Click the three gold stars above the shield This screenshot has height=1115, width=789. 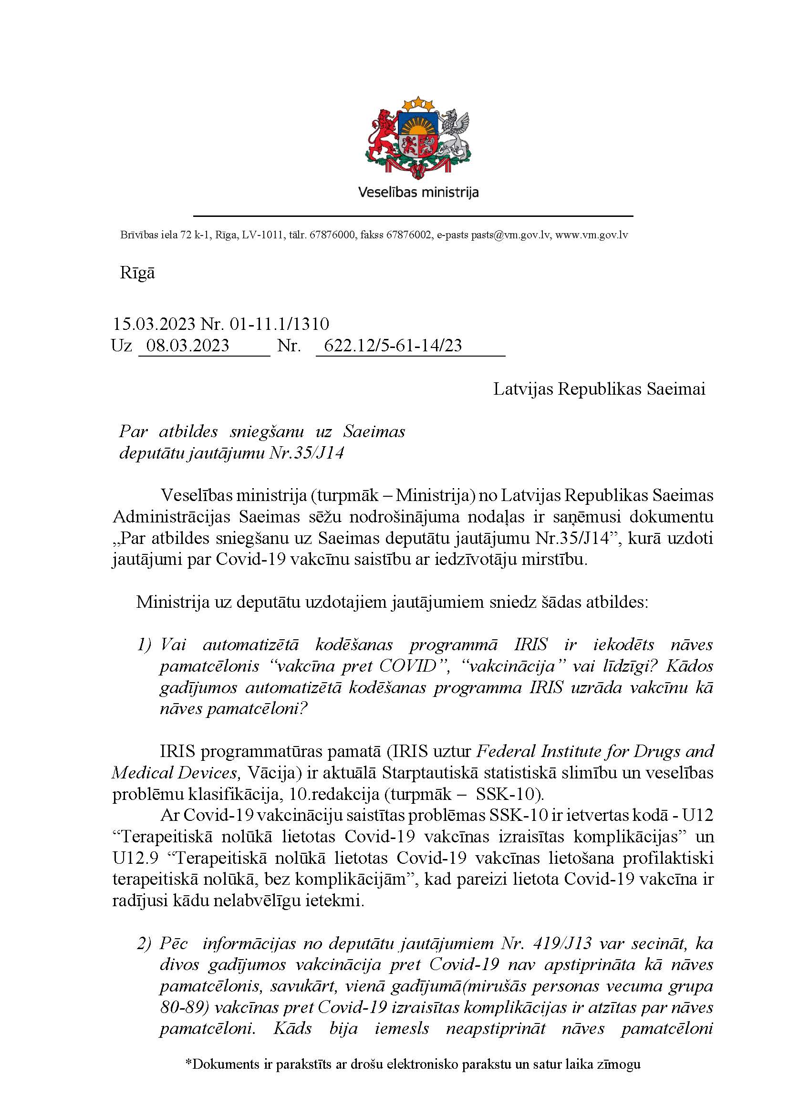pos(418,103)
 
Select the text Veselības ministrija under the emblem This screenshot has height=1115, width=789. pos(418,192)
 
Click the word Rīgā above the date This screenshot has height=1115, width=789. pos(137,273)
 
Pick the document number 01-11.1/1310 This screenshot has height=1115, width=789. pos(282,323)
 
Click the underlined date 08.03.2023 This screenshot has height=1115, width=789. pos(187,345)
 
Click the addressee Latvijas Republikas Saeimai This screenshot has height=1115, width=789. pos(599,389)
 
